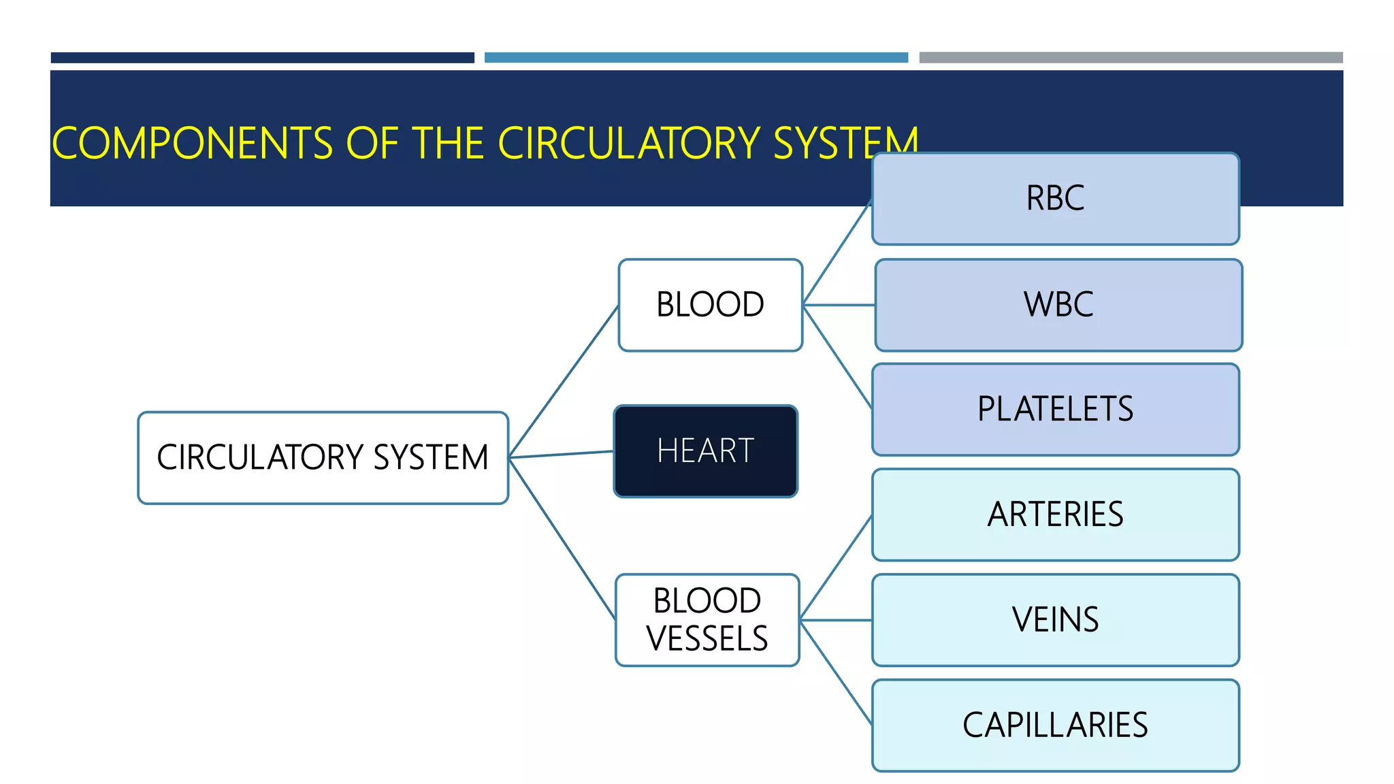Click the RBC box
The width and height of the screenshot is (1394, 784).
pos(1055,199)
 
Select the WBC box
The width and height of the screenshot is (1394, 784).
pos(1058,305)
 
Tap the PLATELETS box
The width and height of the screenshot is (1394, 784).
pos(1055,410)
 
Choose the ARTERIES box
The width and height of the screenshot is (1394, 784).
pos(1055,514)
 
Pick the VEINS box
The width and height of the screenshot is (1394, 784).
pos(1055,620)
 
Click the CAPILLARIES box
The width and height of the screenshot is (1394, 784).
pos(1055,725)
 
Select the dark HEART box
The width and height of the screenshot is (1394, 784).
pos(706,451)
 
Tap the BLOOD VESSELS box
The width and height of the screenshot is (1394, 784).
pos(707,620)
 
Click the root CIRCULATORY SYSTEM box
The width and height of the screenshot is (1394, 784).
pos(323,457)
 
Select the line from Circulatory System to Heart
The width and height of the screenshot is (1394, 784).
pos(562,454)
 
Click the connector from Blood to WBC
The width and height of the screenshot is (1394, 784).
pos(839,305)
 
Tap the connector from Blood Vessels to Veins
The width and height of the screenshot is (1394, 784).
pos(836,620)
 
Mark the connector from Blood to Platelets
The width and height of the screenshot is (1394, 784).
pos(838,357)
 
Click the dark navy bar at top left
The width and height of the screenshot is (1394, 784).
pos(262,58)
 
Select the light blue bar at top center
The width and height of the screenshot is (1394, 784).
pos(696,58)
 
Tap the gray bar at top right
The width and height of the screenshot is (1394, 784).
pos(1131,58)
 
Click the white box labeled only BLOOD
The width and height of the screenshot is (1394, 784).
pos(710,305)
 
